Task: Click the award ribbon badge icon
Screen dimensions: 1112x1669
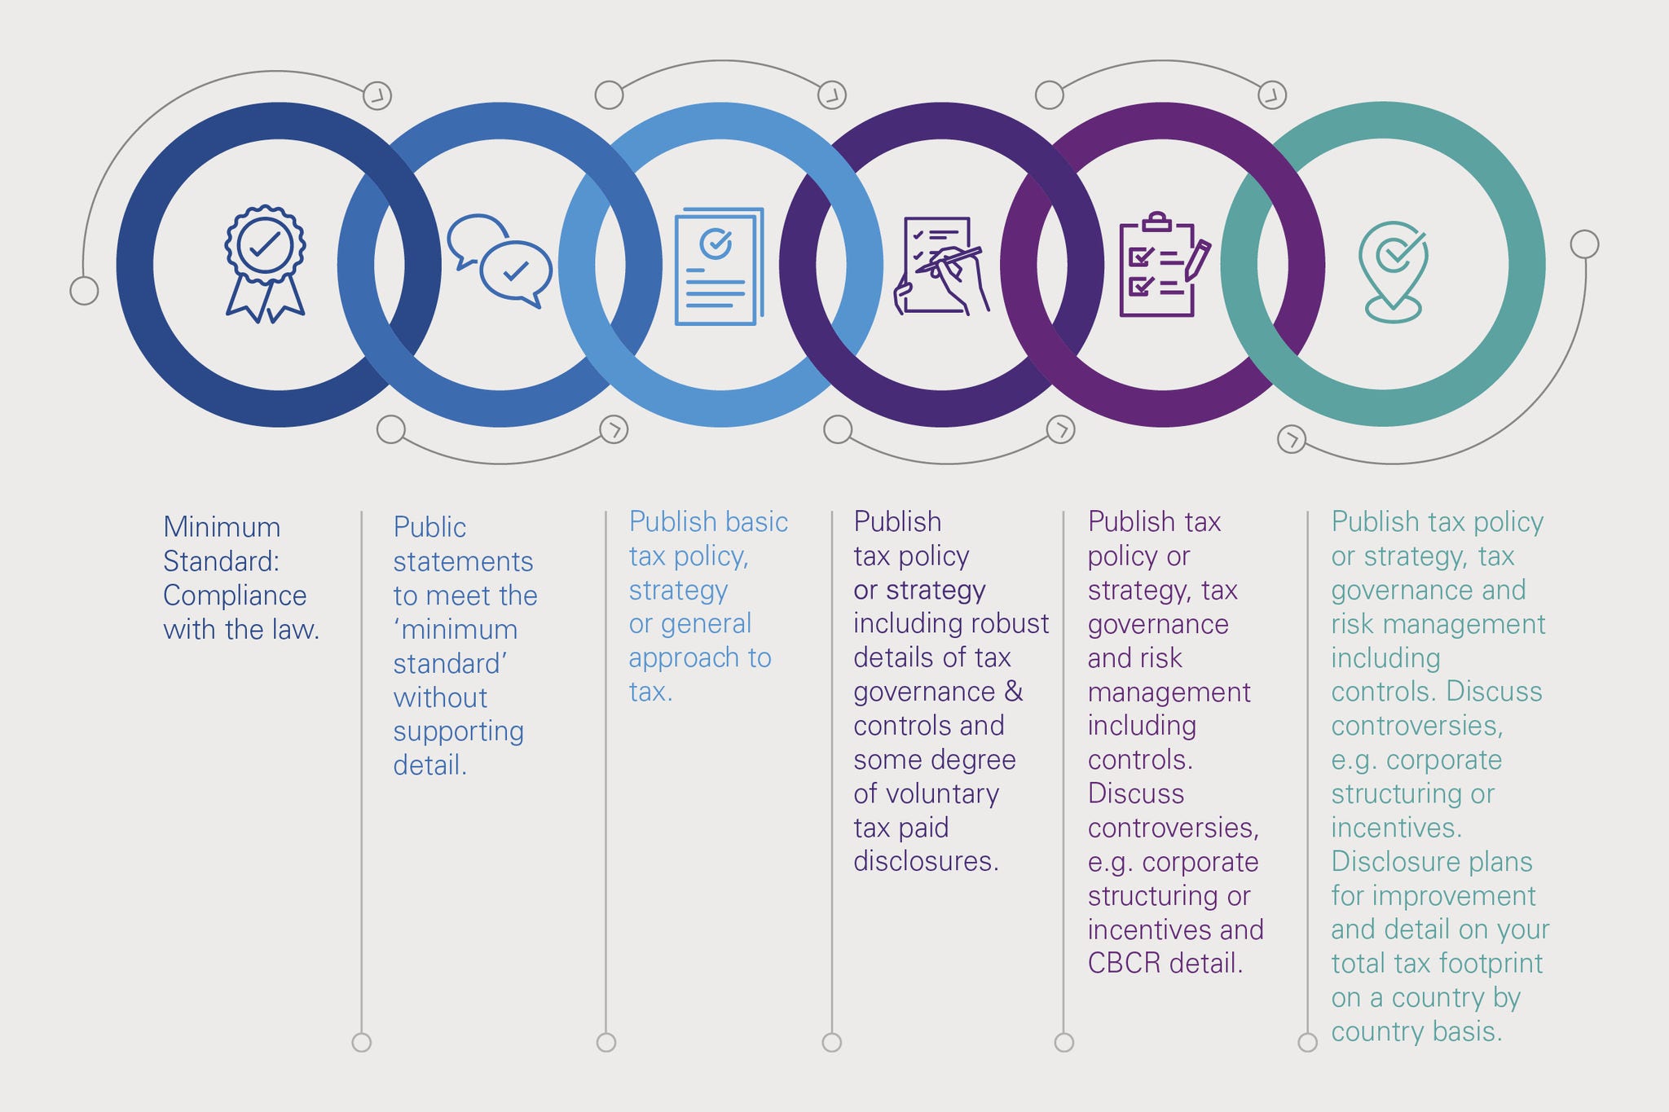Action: pyautogui.click(x=265, y=263)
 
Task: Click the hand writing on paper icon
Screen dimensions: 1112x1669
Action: pyautogui.click(x=941, y=266)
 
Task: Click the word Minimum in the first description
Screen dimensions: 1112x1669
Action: pyautogui.click(x=222, y=527)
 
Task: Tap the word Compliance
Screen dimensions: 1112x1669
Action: pyautogui.click(x=235, y=596)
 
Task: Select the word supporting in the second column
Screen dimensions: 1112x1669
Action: pyautogui.click(x=458, y=732)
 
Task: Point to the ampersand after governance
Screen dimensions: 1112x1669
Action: pyautogui.click(x=1013, y=692)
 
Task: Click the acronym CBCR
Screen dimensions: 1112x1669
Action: pyautogui.click(x=1124, y=964)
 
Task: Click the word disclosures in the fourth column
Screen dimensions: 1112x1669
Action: pyautogui.click(x=926, y=861)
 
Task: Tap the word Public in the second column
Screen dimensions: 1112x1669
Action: pyautogui.click(x=429, y=527)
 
